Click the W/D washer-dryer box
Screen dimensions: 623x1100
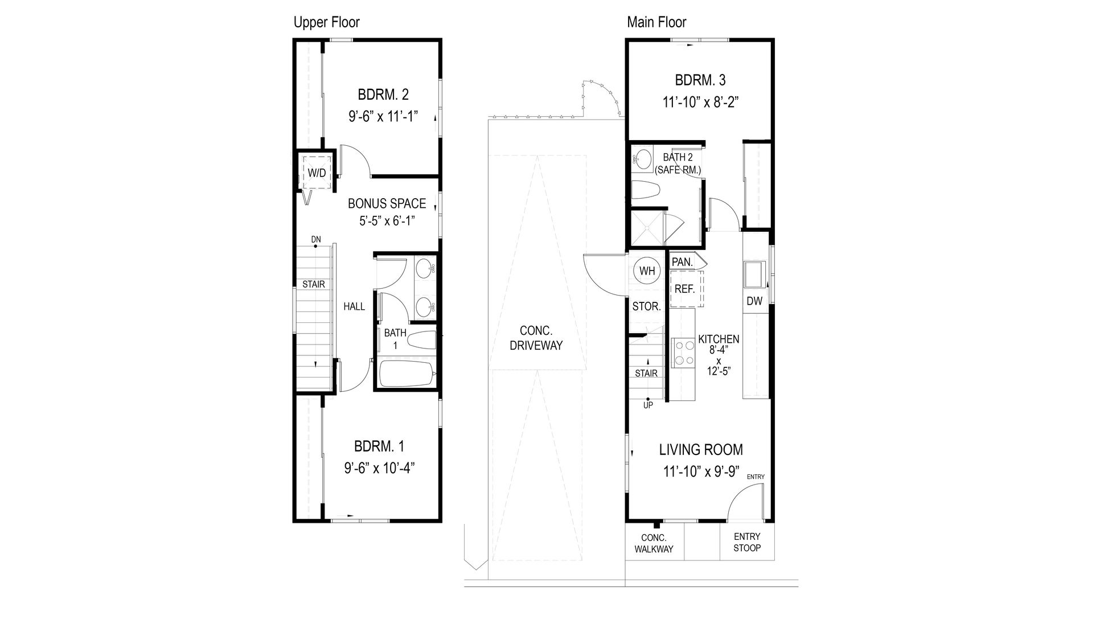(317, 172)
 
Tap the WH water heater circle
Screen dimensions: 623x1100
(647, 271)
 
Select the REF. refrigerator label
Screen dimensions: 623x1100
(684, 289)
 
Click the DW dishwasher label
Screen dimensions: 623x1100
(754, 301)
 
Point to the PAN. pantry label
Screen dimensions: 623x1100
(682, 262)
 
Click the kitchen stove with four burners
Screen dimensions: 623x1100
(683, 353)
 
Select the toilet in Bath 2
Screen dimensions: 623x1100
(645, 190)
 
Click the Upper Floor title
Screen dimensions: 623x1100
(326, 22)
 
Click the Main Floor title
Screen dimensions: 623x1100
(656, 22)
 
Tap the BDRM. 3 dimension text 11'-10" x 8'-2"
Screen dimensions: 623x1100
(700, 102)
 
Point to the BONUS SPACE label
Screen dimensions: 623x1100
(387, 203)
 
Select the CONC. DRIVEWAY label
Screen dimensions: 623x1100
(536, 338)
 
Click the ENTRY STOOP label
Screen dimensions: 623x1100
(746, 542)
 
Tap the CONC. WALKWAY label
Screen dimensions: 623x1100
(654, 543)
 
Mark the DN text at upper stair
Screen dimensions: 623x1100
(315, 239)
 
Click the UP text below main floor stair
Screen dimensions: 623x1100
(648, 405)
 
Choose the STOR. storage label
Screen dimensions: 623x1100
(646, 306)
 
